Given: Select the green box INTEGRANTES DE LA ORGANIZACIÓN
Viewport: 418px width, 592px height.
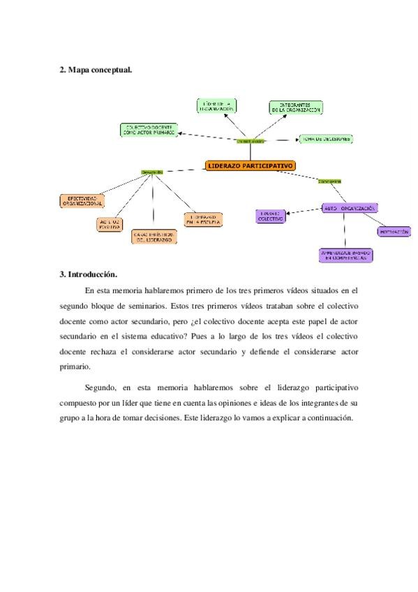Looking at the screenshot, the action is coord(296,108).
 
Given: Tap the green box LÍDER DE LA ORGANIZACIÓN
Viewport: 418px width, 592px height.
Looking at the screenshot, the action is coord(217,106).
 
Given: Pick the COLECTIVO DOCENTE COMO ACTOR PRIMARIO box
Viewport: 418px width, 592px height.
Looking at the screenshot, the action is coord(149,129).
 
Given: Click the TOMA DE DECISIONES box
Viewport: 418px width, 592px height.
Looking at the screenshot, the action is coord(326,139).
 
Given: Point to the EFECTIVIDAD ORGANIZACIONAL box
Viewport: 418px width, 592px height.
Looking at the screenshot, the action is coord(81,200).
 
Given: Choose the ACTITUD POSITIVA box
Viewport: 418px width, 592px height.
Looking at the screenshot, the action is coord(110,224).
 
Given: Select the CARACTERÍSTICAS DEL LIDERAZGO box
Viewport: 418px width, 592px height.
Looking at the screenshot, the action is coord(154,237).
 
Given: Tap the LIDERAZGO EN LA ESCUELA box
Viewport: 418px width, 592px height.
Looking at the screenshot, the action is coord(204,219).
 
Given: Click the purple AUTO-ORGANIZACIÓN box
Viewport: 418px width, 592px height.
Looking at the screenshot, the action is coord(350,207).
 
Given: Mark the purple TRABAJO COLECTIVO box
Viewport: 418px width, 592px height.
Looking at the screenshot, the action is coord(269,216).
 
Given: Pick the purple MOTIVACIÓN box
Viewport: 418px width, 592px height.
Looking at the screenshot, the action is coord(393,231).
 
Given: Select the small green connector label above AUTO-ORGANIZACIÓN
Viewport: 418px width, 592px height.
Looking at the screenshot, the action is coord(329,181).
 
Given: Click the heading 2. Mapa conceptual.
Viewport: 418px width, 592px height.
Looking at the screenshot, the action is coord(96,70).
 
